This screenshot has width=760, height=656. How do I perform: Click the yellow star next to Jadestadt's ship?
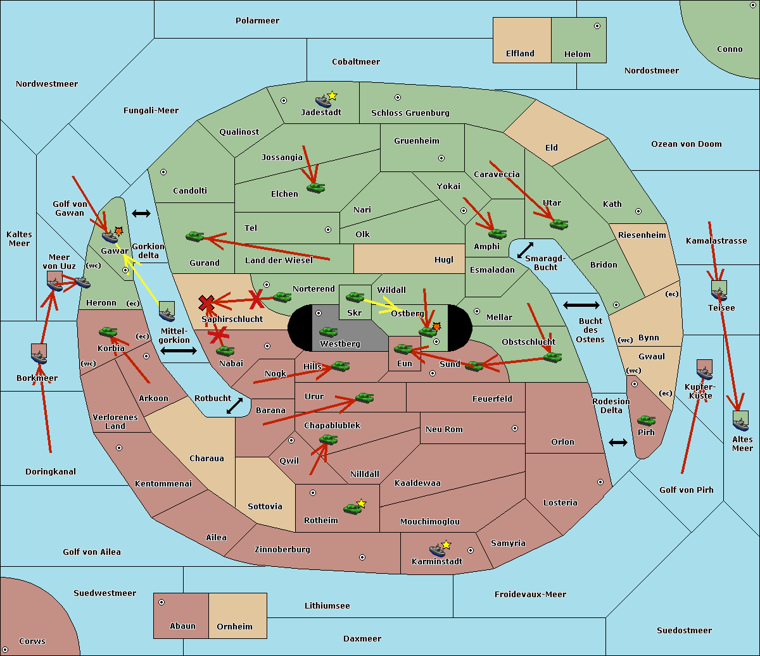click(332, 96)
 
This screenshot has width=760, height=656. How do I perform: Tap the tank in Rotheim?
click(352, 509)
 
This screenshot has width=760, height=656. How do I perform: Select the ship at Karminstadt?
click(438, 550)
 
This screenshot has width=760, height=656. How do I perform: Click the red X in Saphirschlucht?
click(206, 303)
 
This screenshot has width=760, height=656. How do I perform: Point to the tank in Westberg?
click(328, 332)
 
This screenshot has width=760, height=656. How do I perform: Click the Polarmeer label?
click(257, 21)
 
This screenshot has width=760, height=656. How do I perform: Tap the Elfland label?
click(520, 54)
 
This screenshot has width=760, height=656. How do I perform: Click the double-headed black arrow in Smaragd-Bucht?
click(525, 250)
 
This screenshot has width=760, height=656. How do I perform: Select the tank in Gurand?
click(194, 236)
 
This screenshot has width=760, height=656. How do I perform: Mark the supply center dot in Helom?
click(597, 26)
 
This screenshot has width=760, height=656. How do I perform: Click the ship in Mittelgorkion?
click(167, 315)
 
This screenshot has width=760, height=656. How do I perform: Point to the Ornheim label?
click(234, 626)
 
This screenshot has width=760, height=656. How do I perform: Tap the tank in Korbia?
click(108, 332)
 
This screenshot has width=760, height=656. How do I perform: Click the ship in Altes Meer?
click(740, 424)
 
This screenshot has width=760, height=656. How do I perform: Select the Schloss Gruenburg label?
click(410, 113)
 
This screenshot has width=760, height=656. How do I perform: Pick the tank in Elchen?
click(316, 188)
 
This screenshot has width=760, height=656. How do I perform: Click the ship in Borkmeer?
click(39, 357)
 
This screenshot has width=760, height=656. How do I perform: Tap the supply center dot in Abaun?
click(161, 602)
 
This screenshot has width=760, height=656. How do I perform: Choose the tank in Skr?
click(355, 297)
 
